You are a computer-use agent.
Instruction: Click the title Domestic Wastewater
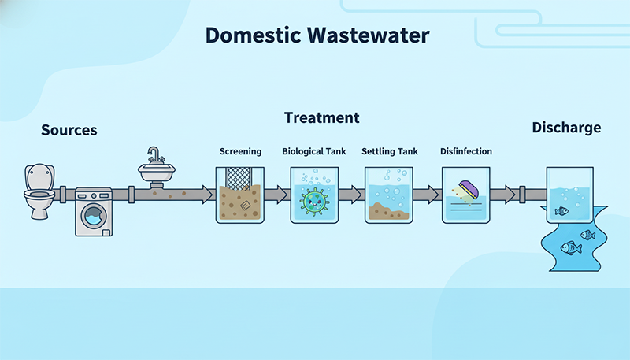click(x=317, y=35)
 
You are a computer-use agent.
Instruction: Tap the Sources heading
click(x=69, y=130)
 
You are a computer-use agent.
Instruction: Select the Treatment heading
click(x=321, y=118)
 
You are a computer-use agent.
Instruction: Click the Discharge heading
click(x=566, y=128)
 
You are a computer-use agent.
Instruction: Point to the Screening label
click(x=240, y=151)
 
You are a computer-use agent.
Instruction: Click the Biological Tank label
click(x=314, y=151)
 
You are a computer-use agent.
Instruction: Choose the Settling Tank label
click(x=390, y=151)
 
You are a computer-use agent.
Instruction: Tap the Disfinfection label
click(x=466, y=151)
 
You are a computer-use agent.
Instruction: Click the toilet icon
click(x=38, y=191)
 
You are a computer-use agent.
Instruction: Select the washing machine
click(x=94, y=211)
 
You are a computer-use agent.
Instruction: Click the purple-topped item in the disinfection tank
click(x=466, y=188)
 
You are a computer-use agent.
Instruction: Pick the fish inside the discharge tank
click(x=561, y=211)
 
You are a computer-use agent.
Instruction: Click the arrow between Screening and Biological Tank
click(x=276, y=194)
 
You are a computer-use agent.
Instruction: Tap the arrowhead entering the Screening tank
click(x=207, y=194)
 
